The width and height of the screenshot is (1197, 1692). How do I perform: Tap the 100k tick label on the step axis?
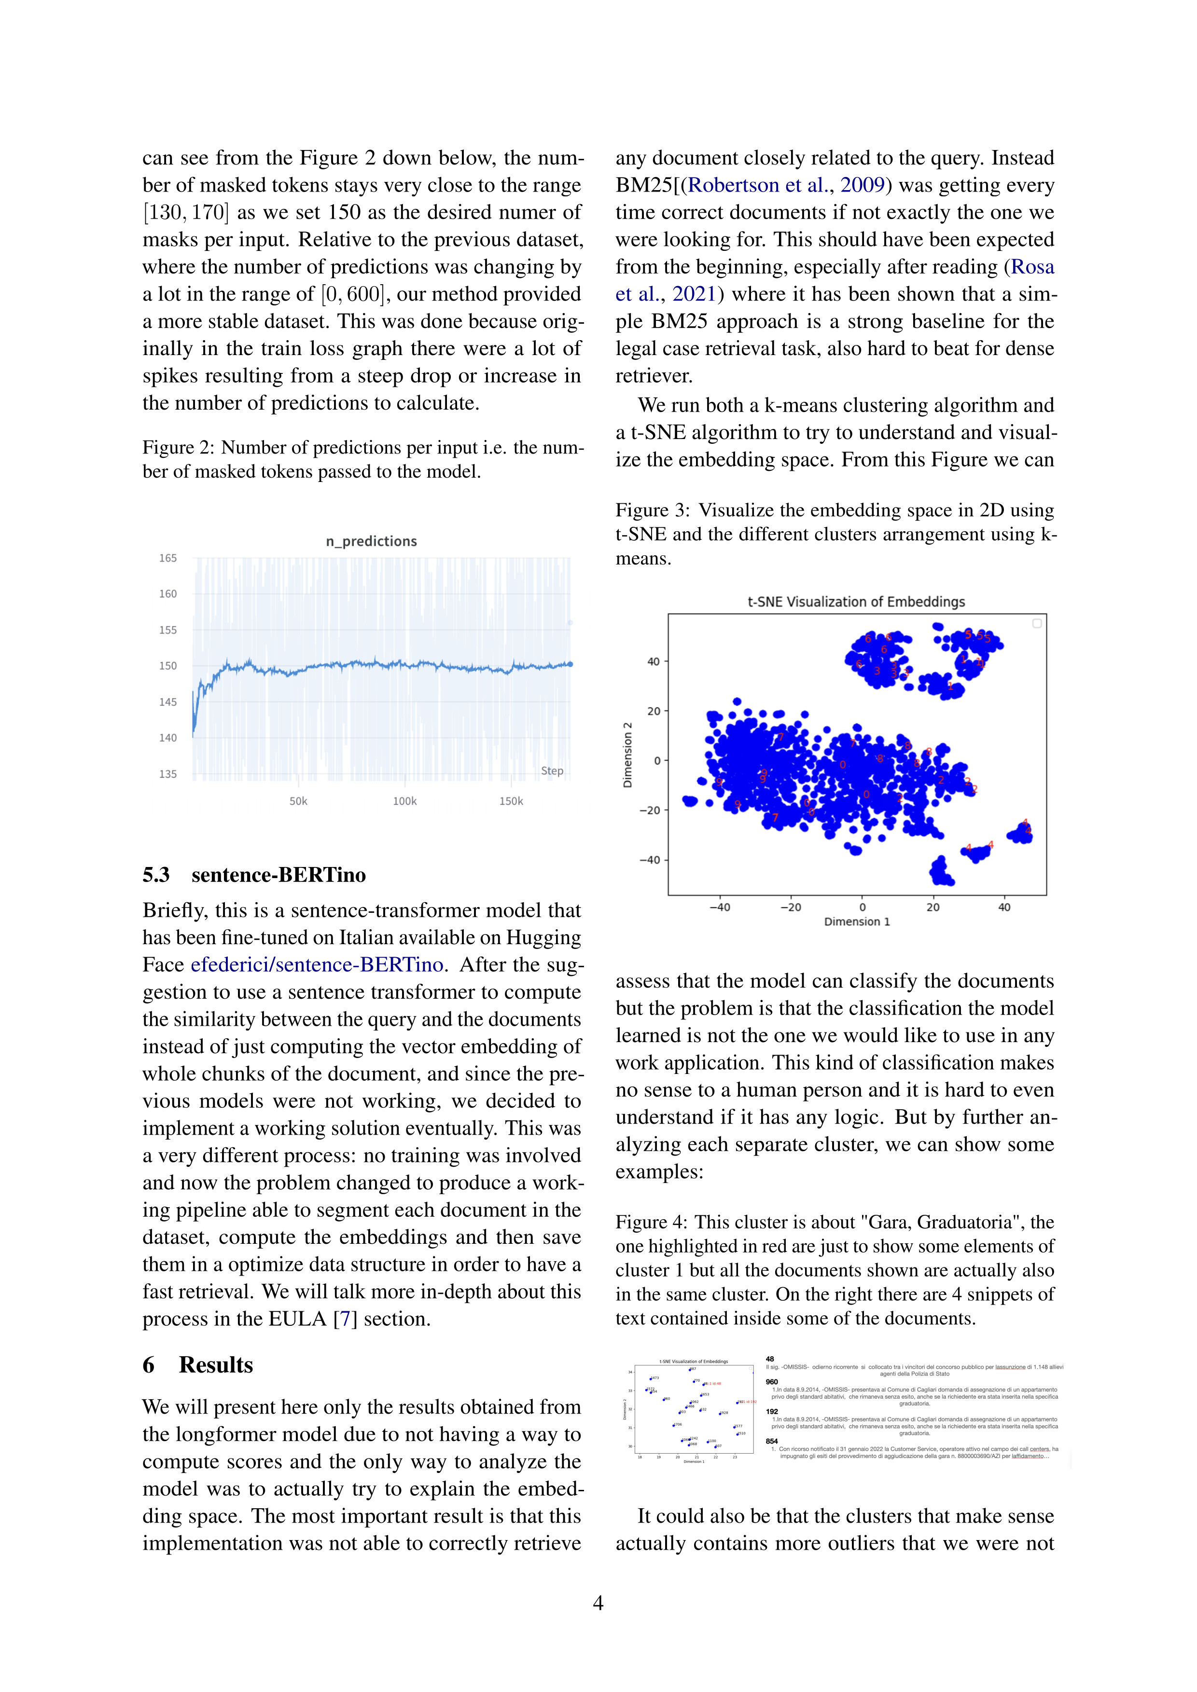tap(404, 801)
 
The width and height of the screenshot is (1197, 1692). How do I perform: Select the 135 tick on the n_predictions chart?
tap(168, 774)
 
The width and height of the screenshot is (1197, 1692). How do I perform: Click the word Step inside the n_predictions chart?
tap(552, 771)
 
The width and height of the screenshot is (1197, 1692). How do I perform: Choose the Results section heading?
tap(216, 1365)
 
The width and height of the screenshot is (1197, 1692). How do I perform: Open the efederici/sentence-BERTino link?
tap(317, 964)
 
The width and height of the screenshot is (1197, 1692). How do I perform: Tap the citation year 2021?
tap(695, 294)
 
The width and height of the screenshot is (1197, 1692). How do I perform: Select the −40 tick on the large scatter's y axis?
tap(649, 860)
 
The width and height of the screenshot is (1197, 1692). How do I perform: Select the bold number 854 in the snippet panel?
tap(772, 1441)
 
